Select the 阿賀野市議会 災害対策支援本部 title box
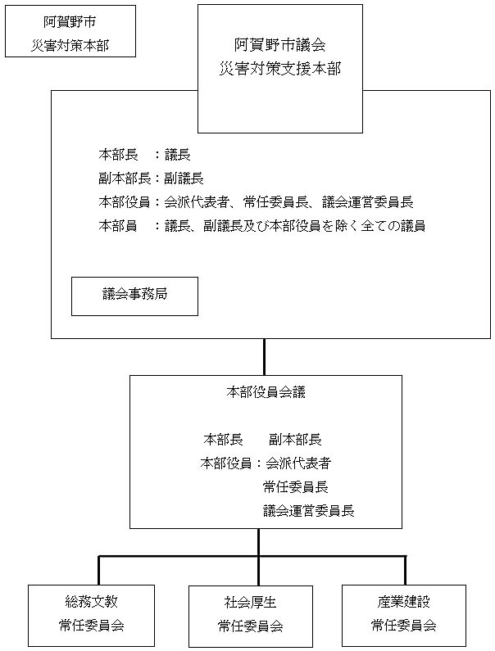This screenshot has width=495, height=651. click(x=280, y=68)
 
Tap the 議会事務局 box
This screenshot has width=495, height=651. click(x=134, y=296)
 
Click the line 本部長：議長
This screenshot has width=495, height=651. click(x=144, y=154)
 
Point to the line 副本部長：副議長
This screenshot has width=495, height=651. click(x=151, y=178)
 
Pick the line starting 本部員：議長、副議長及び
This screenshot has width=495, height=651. click(x=261, y=226)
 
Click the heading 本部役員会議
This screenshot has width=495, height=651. click(x=266, y=392)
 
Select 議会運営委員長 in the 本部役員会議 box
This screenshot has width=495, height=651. click(x=309, y=510)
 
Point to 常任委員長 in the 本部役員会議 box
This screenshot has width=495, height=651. click(x=296, y=486)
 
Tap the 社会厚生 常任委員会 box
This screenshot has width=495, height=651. click(x=250, y=615)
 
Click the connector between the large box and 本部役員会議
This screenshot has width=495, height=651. click(x=264, y=356)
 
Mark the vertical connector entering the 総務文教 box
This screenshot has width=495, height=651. click(x=99, y=571)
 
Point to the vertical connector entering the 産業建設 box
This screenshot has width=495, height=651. click(x=405, y=571)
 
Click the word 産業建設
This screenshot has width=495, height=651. click(x=401, y=602)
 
